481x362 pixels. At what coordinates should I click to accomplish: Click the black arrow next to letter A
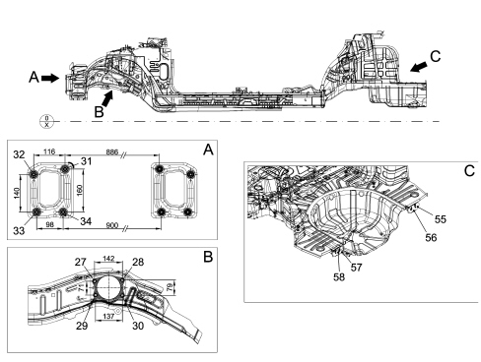click(50, 78)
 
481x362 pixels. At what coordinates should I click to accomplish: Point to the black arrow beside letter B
click(108, 98)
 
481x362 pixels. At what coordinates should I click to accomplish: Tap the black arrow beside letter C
click(419, 67)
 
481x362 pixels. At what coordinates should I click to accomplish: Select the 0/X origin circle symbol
click(46, 121)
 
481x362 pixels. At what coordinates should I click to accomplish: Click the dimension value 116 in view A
click(49, 151)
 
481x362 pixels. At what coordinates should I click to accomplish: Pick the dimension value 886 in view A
click(112, 151)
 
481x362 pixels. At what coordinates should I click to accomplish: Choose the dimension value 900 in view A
click(112, 225)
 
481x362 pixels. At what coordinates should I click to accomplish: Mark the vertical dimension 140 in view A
click(17, 193)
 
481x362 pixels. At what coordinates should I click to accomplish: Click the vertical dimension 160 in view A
click(80, 190)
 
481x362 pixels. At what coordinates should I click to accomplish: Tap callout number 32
click(19, 154)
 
